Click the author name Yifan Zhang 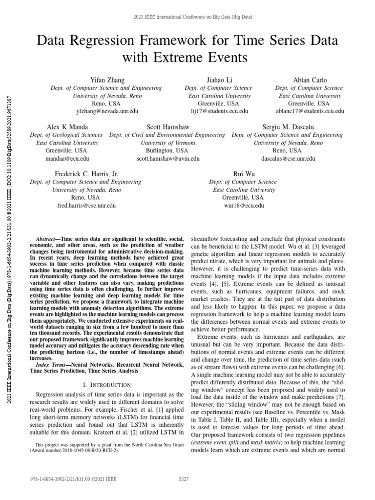click(106, 80)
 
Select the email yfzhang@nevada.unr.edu click(106, 111)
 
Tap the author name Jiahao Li click(218, 80)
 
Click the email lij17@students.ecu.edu click(218, 111)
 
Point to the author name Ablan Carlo click(310, 80)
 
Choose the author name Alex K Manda click(67, 126)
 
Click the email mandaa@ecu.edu click(67, 159)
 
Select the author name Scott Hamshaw click(167, 126)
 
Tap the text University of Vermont click(167, 143)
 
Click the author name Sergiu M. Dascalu click(287, 126)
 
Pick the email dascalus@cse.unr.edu click(287, 159)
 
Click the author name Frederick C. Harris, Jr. click(85, 174)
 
